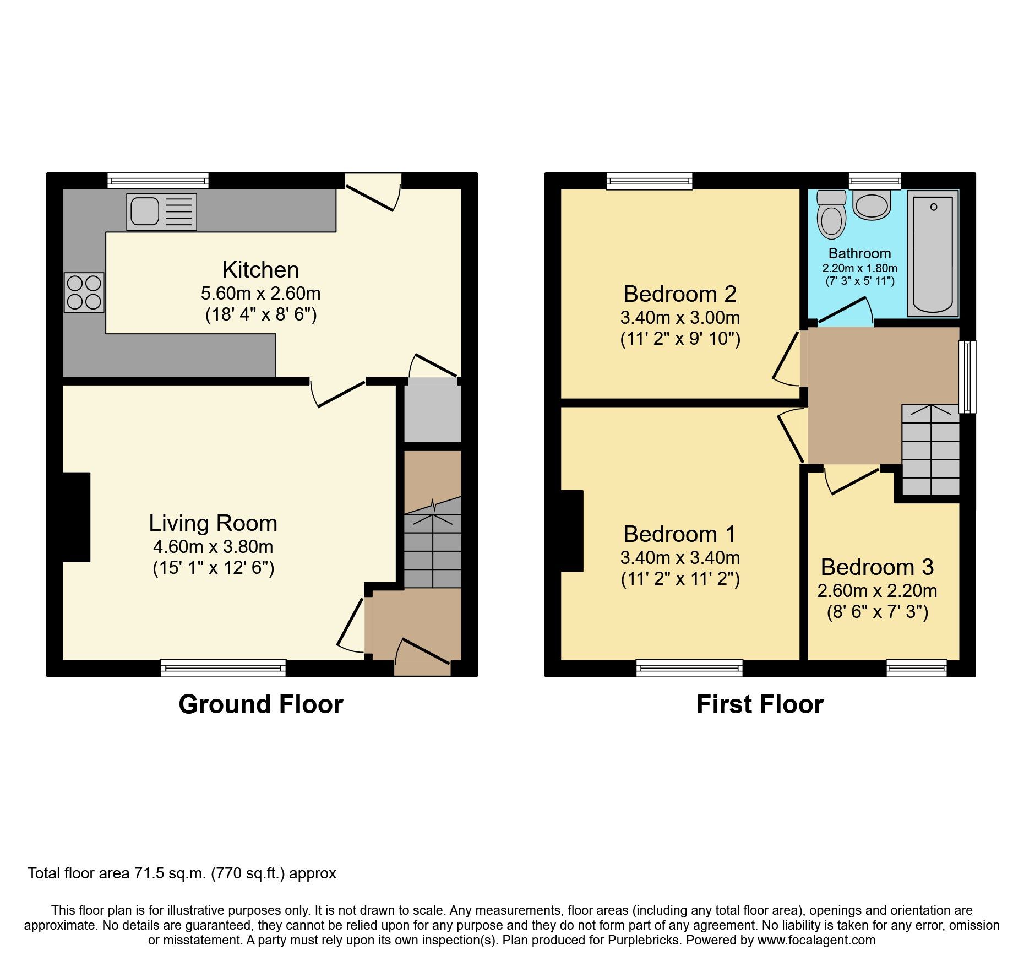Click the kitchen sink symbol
click(161, 211)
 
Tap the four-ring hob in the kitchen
click(84, 292)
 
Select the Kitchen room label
click(260, 270)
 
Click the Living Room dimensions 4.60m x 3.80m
click(213, 547)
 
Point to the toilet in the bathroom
click(831, 215)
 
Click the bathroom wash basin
click(872, 206)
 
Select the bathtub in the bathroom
click(933, 254)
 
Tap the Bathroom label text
click(859, 253)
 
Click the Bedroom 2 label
click(680, 294)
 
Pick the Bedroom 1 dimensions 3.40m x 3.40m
click(680, 558)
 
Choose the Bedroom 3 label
click(877, 567)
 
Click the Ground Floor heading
click(260, 704)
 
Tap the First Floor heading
click(760, 704)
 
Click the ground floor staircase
click(433, 551)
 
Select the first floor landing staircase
click(930, 449)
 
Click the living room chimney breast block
click(76, 517)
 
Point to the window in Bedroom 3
click(917, 668)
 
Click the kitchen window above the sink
click(158, 180)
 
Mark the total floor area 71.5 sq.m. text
click(182, 873)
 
